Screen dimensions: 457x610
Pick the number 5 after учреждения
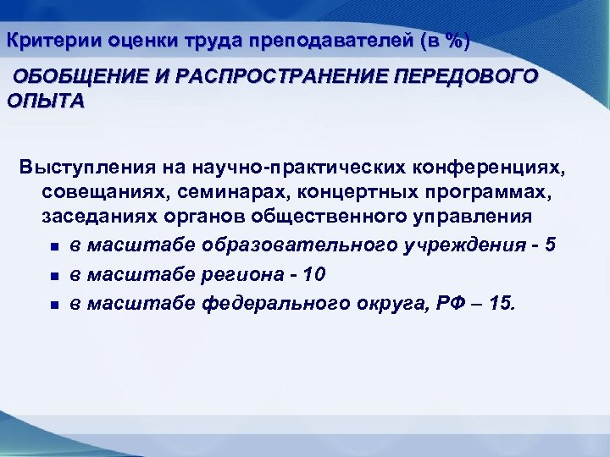point(552,245)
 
